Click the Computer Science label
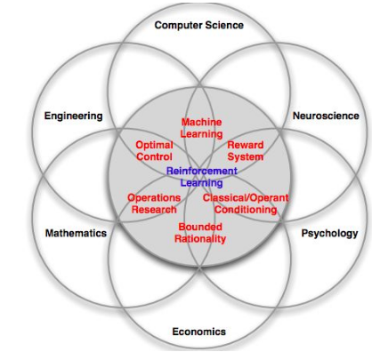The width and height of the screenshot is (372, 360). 199,25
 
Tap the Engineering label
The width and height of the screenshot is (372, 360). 74,116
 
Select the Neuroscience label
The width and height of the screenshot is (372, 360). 326,116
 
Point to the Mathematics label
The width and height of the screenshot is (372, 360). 76,233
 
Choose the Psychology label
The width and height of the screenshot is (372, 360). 329,234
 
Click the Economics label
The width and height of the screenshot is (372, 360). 199,332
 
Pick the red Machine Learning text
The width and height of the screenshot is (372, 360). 201,128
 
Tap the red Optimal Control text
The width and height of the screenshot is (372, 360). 154,151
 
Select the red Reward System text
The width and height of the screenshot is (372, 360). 246,151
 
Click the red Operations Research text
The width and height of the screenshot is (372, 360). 154,204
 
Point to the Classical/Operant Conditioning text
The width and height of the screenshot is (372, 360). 246,204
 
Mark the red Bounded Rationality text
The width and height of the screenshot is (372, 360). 200,233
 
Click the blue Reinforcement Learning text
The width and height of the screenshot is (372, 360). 202,177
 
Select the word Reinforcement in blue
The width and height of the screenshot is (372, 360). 202,171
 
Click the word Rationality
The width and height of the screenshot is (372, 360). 200,238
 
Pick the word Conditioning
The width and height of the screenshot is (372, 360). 246,210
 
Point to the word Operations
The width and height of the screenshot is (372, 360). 154,198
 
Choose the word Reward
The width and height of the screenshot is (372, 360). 246,145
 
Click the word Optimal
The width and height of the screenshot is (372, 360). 154,145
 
